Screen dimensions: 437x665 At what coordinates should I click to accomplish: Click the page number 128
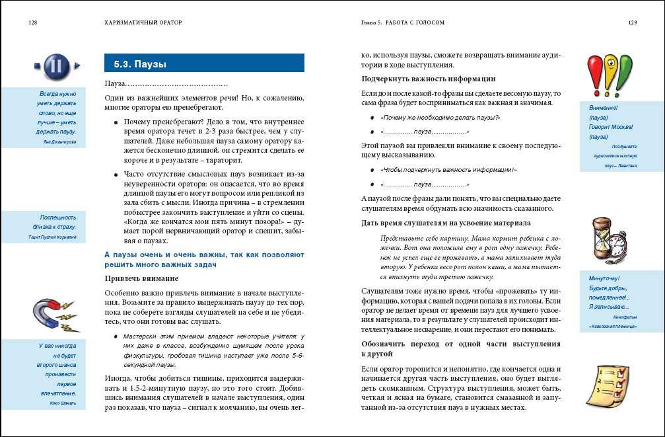[32, 22]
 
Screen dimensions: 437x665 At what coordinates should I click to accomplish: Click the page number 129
[632, 22]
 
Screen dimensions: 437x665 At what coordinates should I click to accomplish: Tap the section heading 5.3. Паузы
[139, 64]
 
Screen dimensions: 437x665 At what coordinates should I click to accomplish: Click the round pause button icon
[56, 65]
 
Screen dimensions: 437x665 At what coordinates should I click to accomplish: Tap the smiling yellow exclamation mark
[610, 71]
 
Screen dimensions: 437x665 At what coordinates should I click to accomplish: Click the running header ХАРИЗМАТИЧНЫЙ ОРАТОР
[143, 22]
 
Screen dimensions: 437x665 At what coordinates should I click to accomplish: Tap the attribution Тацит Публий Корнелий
[53, 236]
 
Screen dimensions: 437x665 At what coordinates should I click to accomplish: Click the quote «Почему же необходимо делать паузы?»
[440, 117]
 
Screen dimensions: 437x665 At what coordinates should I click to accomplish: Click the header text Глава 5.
[371, 22]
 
